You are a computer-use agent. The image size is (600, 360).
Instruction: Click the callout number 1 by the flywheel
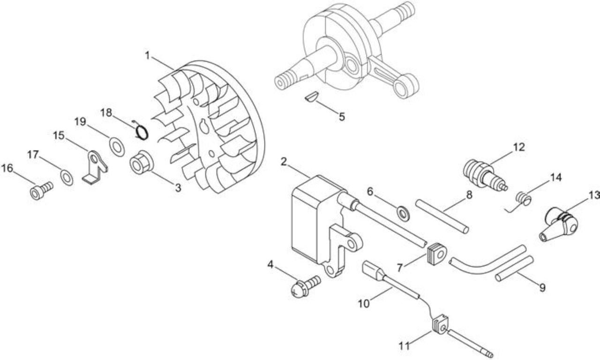point(147,56)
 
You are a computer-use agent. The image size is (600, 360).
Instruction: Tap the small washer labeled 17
point(67,177)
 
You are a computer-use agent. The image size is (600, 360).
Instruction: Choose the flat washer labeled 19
point(117,147)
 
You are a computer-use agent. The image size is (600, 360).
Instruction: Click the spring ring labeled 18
point(141,132)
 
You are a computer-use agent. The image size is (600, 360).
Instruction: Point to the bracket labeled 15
point(95,168)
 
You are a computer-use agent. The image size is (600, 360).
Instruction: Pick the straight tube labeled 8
point(442,217)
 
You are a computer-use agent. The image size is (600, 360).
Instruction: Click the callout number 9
point(542,288)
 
